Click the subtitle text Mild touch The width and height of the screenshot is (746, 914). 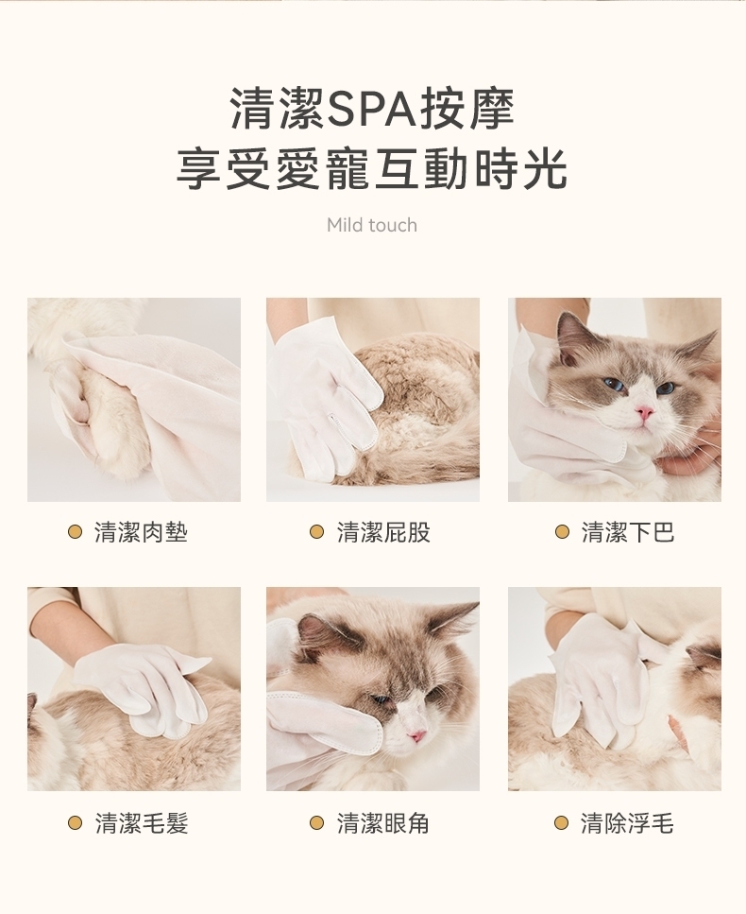pos(372,224)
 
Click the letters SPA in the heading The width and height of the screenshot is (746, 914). pos(371,109)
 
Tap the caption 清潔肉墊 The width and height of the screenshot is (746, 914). pos(141,532)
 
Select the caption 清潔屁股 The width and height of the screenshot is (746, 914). pos(383,532)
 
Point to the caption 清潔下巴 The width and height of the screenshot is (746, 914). pos(628,532)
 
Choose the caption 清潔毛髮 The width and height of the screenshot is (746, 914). pos(142,823)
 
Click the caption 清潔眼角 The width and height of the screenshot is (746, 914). pos(383,823)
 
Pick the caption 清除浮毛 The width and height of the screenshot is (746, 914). pos(627,823)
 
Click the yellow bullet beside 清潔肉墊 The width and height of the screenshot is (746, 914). pos(75,531)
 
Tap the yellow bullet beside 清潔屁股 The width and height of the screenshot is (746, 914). pos(316,531)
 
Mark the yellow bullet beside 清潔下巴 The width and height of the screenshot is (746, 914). pos(562,531)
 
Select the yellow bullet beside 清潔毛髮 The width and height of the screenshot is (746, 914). pos(75,823)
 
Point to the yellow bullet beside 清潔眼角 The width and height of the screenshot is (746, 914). pos(316,823)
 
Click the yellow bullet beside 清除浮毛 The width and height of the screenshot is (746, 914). pos(562,823)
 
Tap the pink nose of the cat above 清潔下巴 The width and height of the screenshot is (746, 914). pos(643,413)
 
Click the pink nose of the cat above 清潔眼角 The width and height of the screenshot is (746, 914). pos(417,735)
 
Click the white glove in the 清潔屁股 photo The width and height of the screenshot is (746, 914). pos(323,396)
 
